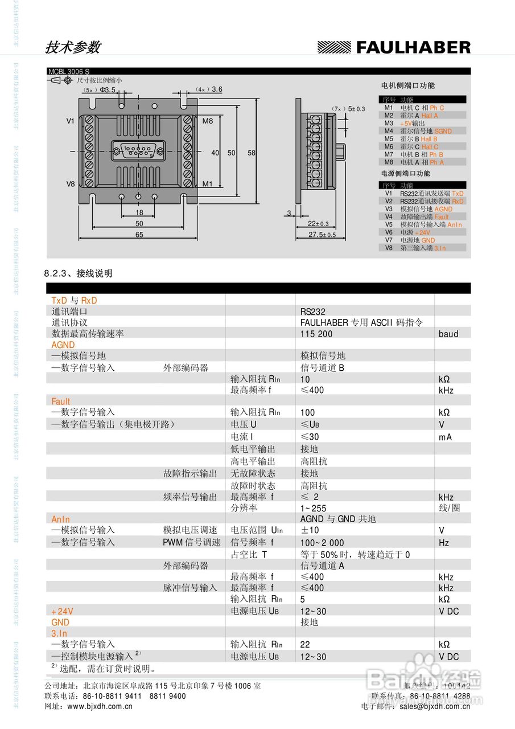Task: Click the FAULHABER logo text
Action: [x=413, y=47]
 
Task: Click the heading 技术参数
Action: [x=72, y=47]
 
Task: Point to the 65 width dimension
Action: [x=139, y=235]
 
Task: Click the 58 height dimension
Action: [x=252, y=153]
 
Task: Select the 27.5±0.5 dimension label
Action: [x=322, y=235]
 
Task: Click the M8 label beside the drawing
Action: [x=208, y=121]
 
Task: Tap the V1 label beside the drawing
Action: [x=71, y=121]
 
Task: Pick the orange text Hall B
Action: [x=429, y=139]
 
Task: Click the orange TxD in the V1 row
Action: [x=458, y=194]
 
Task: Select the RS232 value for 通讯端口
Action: [x=313, y=312]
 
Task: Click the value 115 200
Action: [x=316, y=334]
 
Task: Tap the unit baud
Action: [x=448, y=334]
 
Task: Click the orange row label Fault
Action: [x=61, y=402]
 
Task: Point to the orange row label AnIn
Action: [x=61, y=519]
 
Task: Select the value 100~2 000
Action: [x=322, y=543]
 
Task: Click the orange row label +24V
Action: [x=63, y=611]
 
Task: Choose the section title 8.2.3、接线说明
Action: [x=79, y=273]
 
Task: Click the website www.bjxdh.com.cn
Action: [x=100, y=706]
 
